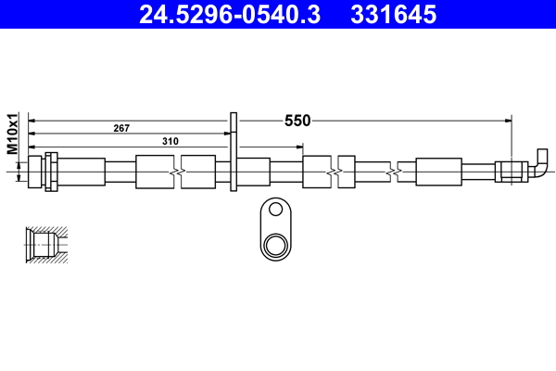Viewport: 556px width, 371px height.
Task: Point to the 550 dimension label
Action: coord(297,121)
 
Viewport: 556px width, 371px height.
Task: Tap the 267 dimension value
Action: coord(120,127)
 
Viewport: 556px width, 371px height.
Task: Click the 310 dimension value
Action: coord(170,140)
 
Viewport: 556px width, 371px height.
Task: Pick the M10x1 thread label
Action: coord(13,134)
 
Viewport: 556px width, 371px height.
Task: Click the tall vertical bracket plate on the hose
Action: coord(234,153)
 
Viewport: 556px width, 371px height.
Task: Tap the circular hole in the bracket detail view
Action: coord(274,246)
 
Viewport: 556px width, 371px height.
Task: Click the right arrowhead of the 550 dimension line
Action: coord(508,120)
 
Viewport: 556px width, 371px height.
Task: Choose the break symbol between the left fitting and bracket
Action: coord(176,173)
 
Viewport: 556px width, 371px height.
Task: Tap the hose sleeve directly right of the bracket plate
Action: coord(255,173)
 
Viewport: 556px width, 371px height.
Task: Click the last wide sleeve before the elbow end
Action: coord(438,173)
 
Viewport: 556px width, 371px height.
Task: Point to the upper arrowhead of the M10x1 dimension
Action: coord(20,160)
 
